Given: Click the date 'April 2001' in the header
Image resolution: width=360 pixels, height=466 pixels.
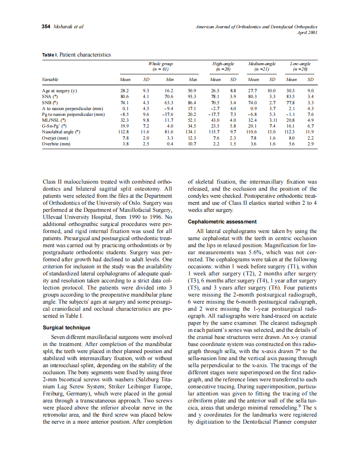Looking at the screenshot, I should point(308,32).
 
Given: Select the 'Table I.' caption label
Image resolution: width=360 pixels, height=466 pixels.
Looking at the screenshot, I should point(50,55).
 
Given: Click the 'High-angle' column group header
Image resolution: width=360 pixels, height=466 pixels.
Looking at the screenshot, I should point(223,64).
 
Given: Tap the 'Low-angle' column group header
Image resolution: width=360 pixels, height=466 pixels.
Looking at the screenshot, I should point(300,64).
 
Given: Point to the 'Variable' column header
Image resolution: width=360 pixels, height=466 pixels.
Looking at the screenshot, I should point(50,79).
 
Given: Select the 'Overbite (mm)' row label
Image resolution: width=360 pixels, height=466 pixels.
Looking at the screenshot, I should point(56,144).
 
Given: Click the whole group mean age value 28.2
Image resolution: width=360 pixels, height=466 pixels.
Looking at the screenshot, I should point(125,90).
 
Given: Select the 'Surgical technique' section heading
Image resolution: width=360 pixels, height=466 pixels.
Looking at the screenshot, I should point(67,328).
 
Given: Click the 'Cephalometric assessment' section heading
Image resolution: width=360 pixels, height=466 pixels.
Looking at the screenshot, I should point(222,222).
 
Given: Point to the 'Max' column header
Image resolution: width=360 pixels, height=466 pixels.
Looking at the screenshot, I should point(192,79).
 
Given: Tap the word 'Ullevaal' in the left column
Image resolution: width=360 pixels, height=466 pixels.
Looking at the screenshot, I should point(53,217).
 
